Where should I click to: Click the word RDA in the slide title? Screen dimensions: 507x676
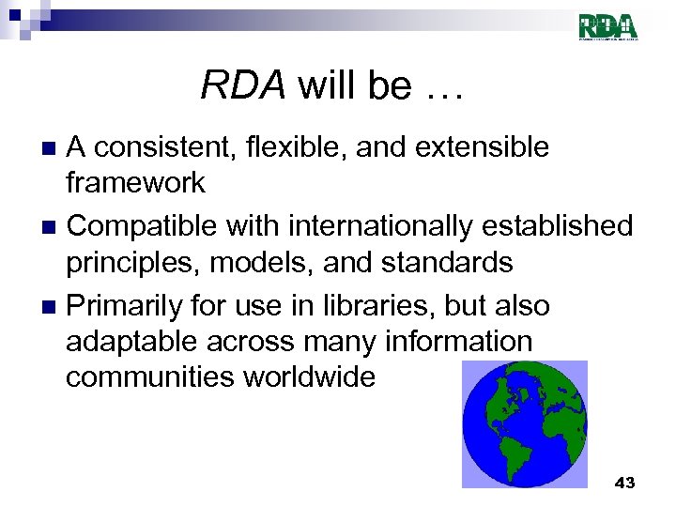[242, 86]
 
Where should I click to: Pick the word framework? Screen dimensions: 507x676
[135, 183]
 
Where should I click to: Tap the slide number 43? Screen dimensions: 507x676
[623, 483]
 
